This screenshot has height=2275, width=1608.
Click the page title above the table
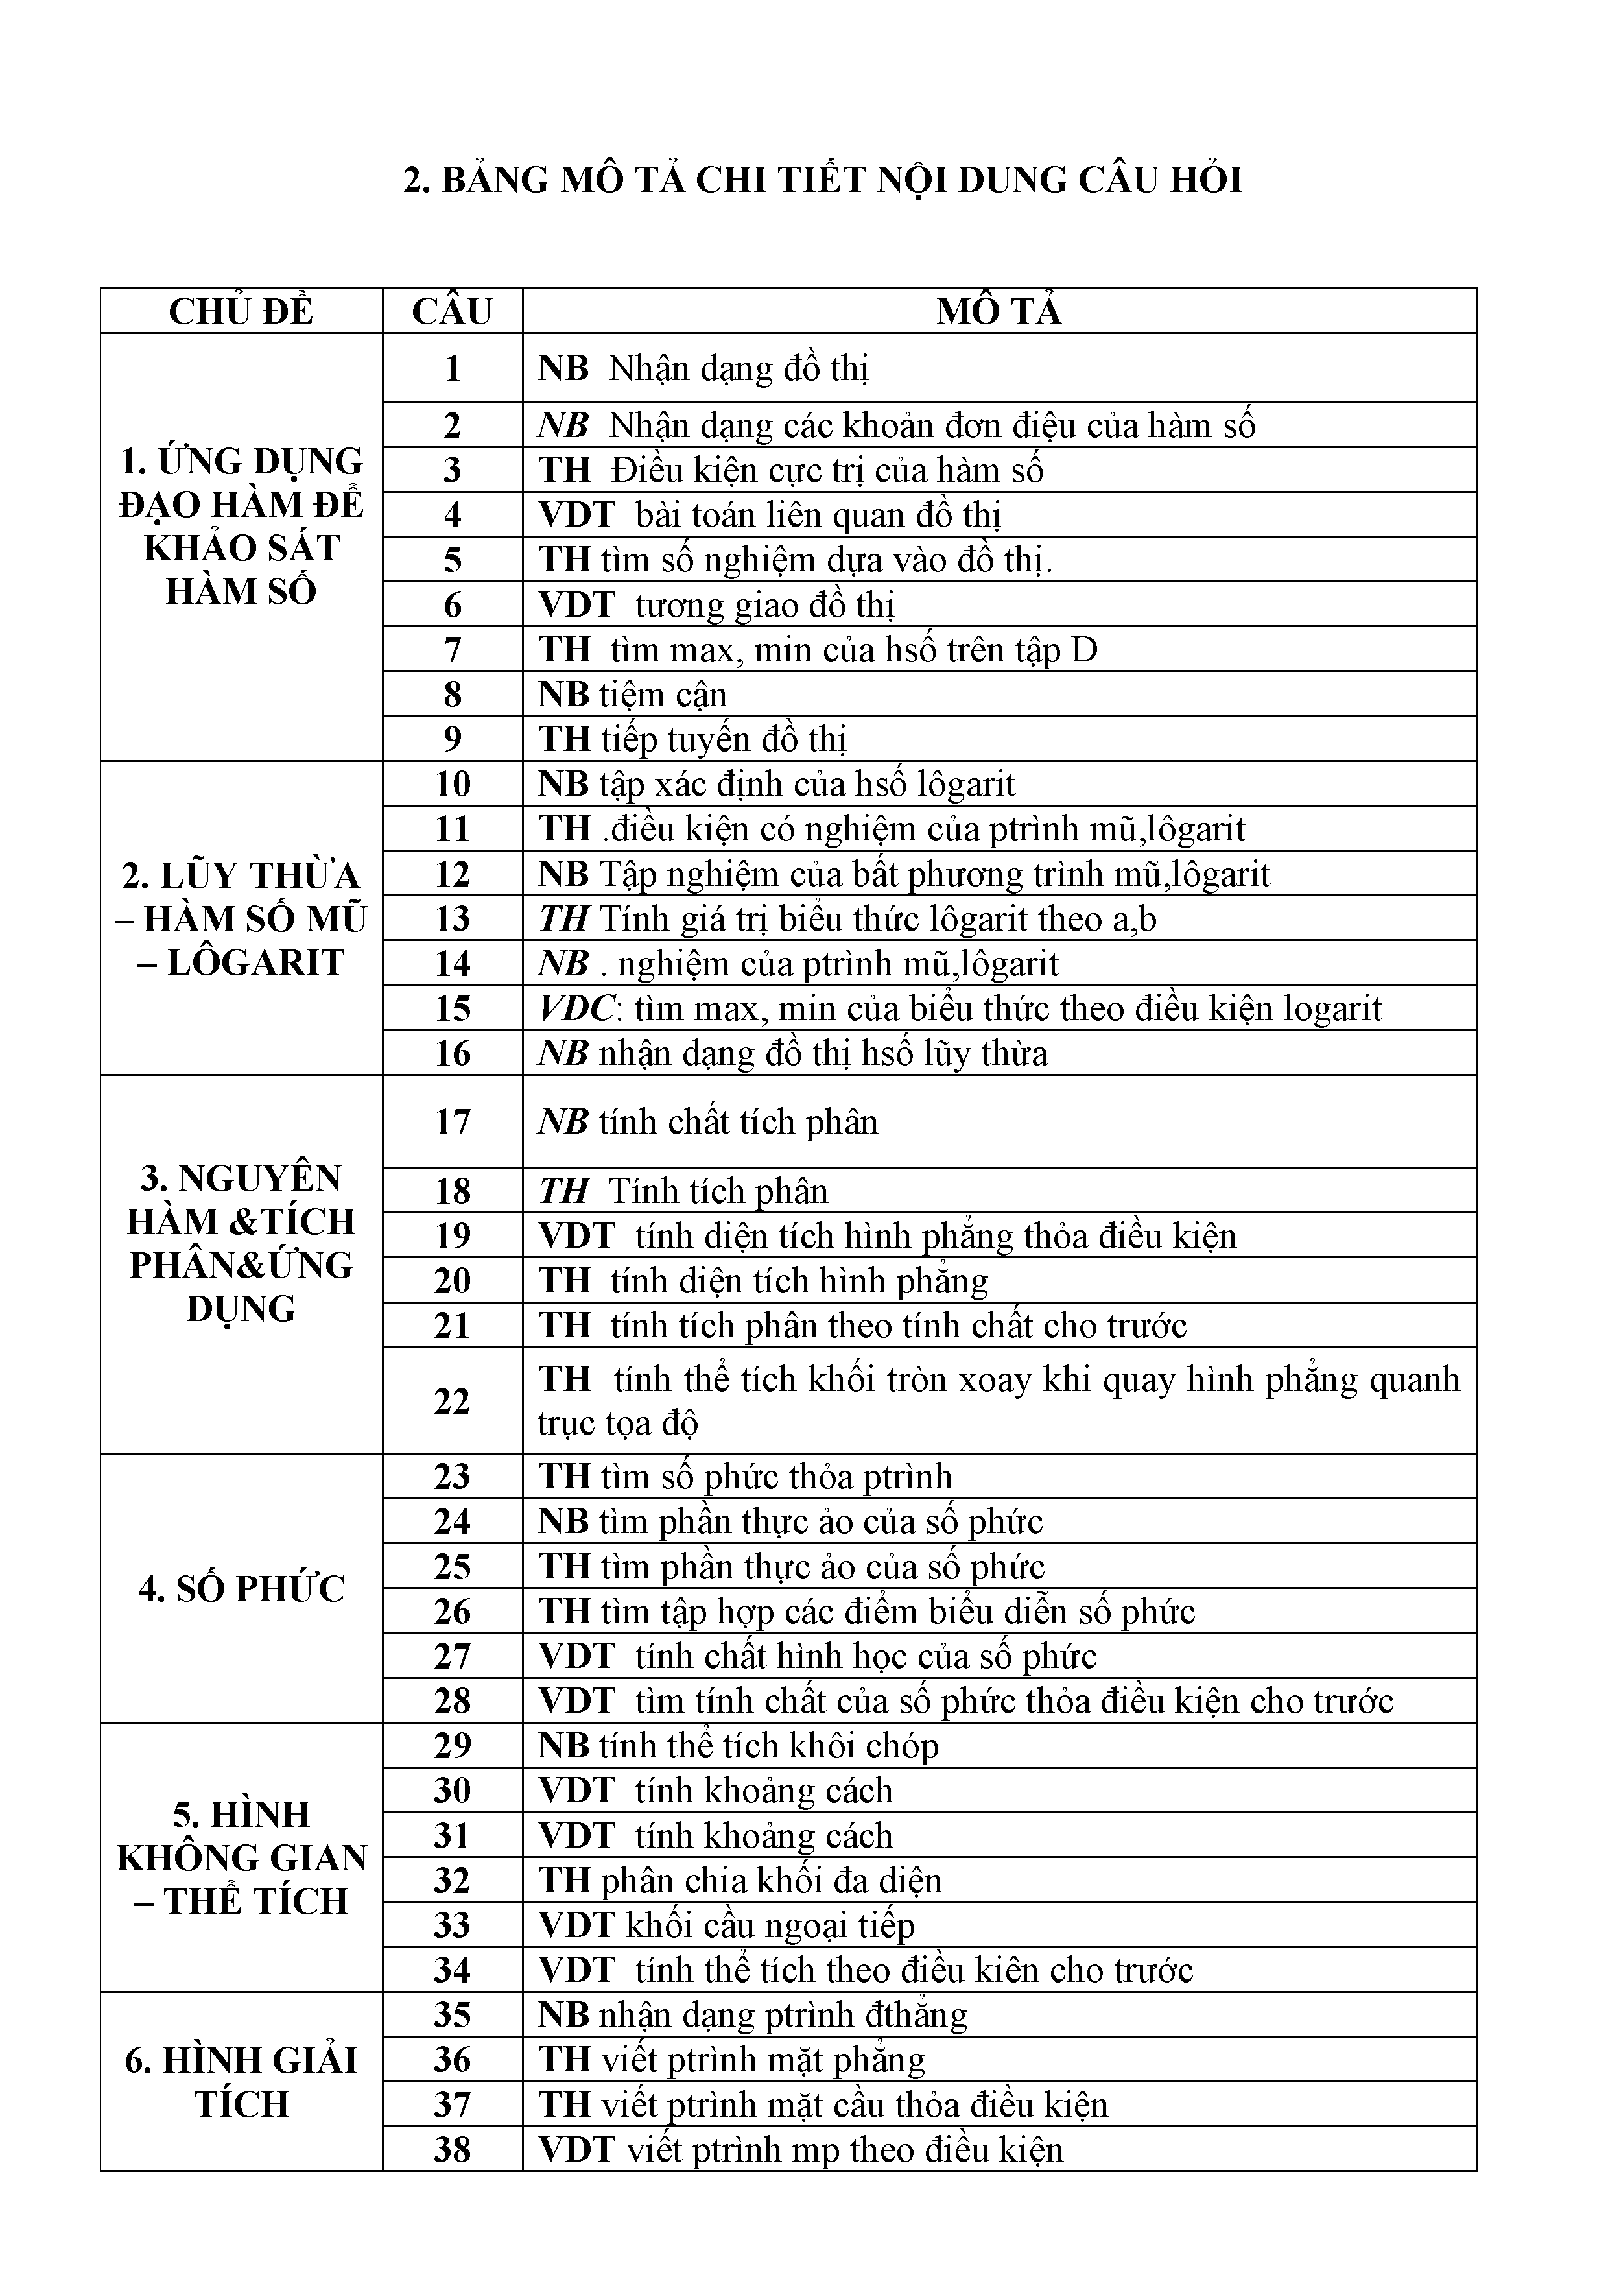click(x=822, y=180)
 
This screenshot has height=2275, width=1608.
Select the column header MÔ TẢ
click(x=999, y=311)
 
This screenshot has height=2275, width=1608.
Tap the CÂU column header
click(x=452, y=311)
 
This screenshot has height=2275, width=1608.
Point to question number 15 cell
click(x=452, y=1008)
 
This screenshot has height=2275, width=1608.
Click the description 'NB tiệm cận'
click(x=632, y=695)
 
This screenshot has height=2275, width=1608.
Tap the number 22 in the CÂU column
click(x=452, y=1401)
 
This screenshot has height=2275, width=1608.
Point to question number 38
click(x=452, y=2149)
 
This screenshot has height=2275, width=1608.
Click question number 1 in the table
click(x=452, y=368)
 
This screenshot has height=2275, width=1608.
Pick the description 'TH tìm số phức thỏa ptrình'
click(x=744, y=1477)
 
